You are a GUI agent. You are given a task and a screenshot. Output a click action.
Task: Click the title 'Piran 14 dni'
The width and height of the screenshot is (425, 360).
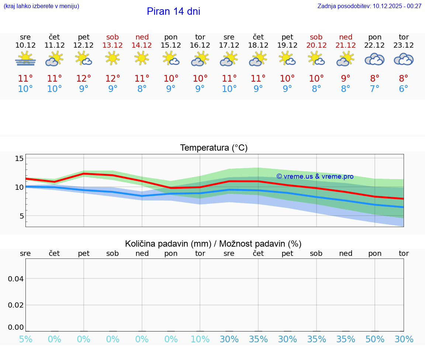[173, 11]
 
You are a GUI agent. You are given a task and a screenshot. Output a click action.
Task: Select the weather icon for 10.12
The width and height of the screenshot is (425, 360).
[25, 59]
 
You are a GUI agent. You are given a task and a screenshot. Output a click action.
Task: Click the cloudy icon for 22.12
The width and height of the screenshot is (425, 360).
[374, 59]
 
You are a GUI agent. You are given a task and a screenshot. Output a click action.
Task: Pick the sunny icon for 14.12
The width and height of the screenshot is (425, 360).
[142, 58]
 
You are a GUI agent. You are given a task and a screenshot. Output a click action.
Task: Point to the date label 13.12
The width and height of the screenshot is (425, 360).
[113, 45]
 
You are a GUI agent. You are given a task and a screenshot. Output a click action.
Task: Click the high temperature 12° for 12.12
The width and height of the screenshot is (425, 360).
[84, 79]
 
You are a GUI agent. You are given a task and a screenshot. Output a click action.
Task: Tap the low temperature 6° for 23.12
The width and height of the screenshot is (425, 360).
[404, 89]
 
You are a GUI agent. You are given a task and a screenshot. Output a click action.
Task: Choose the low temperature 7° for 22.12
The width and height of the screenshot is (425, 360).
[375, 89]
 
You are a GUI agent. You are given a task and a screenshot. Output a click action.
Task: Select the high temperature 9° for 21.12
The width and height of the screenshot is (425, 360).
[346, 79]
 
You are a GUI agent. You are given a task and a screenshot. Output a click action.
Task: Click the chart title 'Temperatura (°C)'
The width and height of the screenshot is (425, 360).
[214, 148]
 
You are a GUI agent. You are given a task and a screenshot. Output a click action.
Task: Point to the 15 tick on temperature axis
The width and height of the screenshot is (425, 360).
[19, 159]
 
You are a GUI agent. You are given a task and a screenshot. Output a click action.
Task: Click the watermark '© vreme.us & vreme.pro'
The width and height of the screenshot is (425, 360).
[315, 176]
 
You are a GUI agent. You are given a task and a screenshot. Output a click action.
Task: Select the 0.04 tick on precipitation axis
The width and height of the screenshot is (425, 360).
[16, 279]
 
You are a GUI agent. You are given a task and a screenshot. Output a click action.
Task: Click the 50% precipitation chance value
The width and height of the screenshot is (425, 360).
[375, 339]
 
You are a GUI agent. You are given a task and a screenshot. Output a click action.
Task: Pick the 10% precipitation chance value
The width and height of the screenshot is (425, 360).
[200, 339]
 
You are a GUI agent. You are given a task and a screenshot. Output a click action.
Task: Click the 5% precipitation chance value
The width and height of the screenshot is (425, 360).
[25, 339]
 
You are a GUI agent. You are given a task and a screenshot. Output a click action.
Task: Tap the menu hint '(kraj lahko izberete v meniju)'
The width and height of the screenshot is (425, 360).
[41, 6]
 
